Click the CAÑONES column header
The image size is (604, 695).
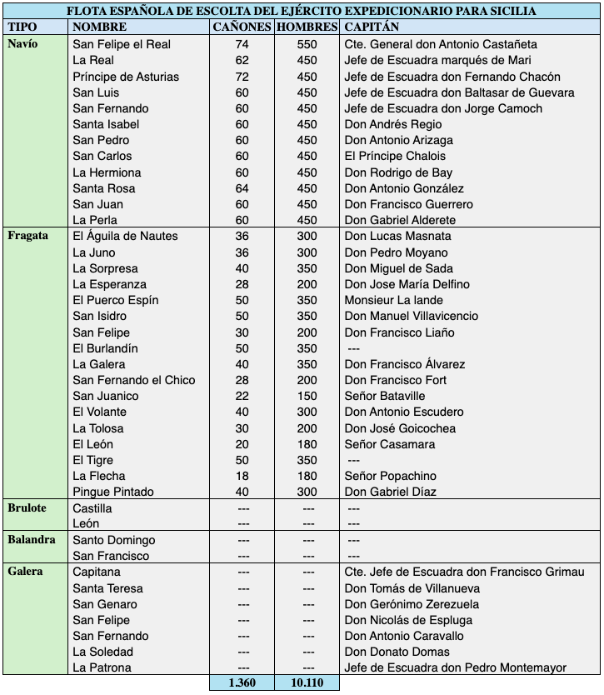(x=242, y=27)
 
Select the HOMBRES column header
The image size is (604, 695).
(x=307, y=27)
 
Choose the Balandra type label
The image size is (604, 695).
(x=32, y=539)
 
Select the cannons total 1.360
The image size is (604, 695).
(x=242, y=682)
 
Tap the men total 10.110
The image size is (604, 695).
(x=307, y=682)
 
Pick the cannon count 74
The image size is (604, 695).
(x=242, y=44)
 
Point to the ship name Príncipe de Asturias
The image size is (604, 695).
(x=126, y=77)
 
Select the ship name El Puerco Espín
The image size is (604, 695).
(x=115, y=300)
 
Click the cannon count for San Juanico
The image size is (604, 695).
(x=242, y=396)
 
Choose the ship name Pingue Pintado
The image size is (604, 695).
(x=113, y=492)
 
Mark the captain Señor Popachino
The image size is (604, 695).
(x=390, y=476)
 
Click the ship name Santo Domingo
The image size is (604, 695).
(x=113, y=540)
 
